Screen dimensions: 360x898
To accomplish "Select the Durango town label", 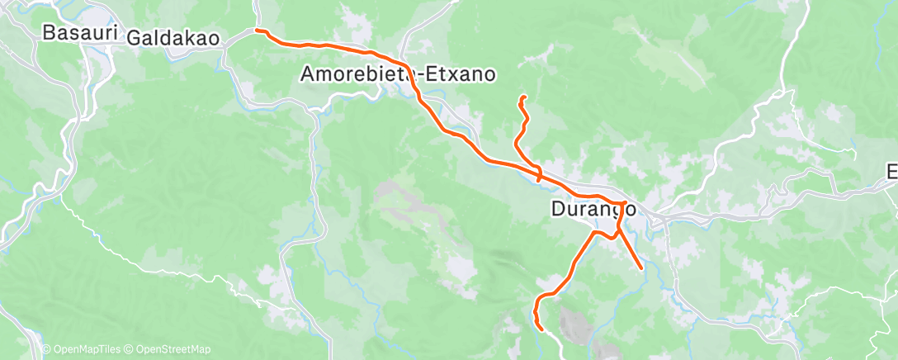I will tap(593, 210).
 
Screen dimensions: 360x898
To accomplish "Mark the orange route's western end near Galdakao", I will tap(257, 31).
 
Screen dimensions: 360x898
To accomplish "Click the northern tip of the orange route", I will tap(522, 99).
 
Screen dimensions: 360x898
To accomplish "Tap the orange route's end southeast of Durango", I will tap(641, 268).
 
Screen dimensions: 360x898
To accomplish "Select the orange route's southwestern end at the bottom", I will tap(541, 328).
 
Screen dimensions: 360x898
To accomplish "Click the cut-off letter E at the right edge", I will tap(891, 172).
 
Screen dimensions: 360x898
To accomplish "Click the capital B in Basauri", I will tap(48, 34).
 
